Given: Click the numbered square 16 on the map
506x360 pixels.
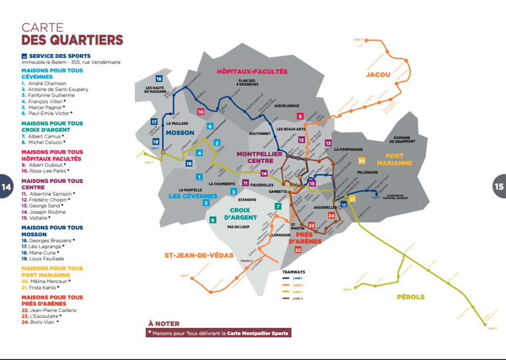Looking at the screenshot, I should tap(159, 79).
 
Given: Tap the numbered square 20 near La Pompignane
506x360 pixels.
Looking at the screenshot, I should tap(362, 161).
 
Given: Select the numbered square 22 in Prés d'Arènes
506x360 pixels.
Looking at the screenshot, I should tap(297, 250).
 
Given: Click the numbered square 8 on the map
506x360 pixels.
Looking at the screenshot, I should tap(213, 220).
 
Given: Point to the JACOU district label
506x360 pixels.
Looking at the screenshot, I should tap(378, 75).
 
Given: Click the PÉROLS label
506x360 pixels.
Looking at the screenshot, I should tap(411, 297).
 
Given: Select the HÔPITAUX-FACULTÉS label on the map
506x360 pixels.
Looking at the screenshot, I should tap(252, 72).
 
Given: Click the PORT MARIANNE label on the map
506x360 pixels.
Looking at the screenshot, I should tap(394, 159).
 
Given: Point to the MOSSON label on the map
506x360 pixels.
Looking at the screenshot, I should tap(180, 133).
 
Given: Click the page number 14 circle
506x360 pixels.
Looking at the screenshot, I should tap(6, 186).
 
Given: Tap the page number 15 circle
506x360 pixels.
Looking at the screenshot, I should tap(499, 186).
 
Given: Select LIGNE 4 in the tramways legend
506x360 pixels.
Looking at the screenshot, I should tap(298, 298).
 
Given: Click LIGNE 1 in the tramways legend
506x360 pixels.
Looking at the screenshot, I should tap(298, 279).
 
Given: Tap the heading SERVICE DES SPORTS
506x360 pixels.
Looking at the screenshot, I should tap(59, 56).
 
